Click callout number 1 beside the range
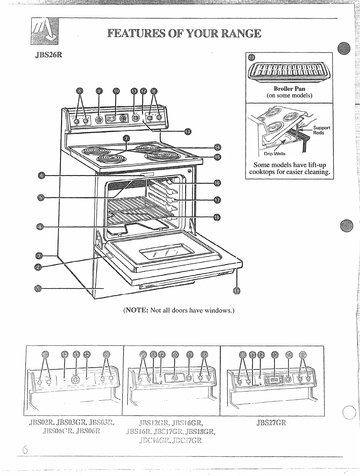click(x=38, y=288)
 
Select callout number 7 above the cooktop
click(x=126, y=138)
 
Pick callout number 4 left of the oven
click(x=41, y=227)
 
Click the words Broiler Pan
click(x=289, y=89)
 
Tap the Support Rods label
click(x=321, y=130)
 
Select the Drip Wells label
click(x=274, y=154)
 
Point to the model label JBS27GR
click(x=271, y=423)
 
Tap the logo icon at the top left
click(x=45, y=31)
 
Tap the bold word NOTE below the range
click(x=136, y=310)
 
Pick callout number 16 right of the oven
click(x=217, y=183)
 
